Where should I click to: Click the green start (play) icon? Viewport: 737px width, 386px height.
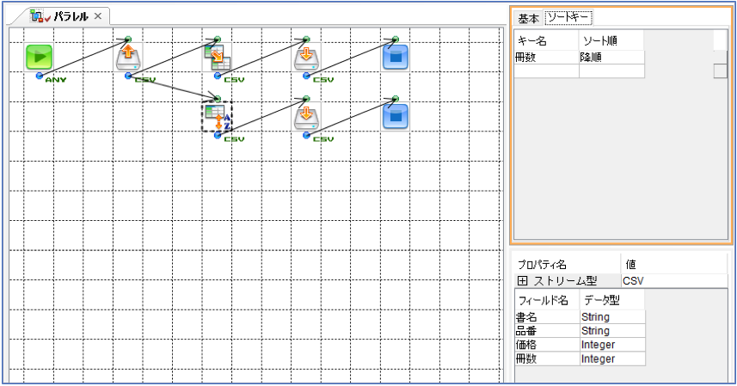click(x=39, y=58)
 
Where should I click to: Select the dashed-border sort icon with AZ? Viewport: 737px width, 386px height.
click(x=217, y=117)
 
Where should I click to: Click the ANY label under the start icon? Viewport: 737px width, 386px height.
click(x=55, y=80)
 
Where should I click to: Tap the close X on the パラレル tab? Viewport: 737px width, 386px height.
click(x=98, y=16)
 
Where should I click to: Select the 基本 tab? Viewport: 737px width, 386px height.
click(x=528, y=18)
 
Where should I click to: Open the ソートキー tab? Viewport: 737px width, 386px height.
click(x=568, y=17)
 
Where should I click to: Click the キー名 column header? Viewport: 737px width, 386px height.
click(x=532, y=41)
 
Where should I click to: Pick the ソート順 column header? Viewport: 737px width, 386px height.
click(x=599, y=41)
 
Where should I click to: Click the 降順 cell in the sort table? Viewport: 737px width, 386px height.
click(x=591, y=58)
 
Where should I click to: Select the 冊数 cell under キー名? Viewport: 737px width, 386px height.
click(x=525, y=58)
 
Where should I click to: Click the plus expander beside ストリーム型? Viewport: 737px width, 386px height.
click(x=522, y=281)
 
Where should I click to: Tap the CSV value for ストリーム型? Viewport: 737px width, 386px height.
click(x=633, y=281)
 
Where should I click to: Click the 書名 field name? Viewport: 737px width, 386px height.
click(x=526, y=317)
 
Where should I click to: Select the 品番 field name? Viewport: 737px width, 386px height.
click(x=526, y=331)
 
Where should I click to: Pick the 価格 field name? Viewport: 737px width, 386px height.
click(x=526, y=345)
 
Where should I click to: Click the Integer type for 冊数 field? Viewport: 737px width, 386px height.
click(x=598, y=358)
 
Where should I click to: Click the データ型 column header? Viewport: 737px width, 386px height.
click(x=602, y=300)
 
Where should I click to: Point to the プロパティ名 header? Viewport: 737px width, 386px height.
click(x=542, y=265)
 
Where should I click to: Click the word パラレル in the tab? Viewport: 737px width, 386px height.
click(x=71, y=16)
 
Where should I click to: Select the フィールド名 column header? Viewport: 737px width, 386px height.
click(x=544, y=300)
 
